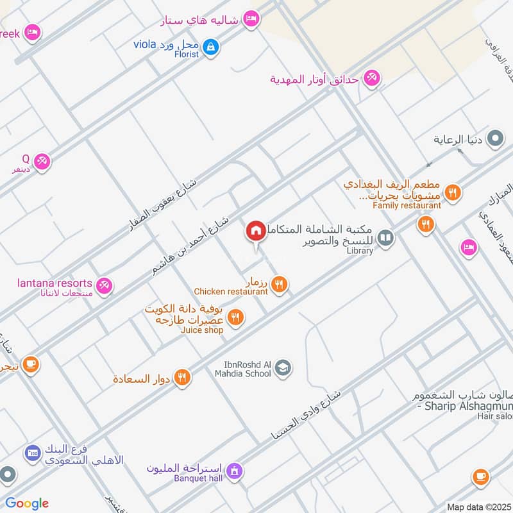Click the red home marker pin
tap(255, 231)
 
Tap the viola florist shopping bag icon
tap(210, 47)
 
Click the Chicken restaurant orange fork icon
tap(278, 285)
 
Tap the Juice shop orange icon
tap(235, 317)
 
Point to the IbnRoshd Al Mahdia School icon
tap(283, 369)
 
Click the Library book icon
tap(385, 239)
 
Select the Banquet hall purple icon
tap(235, 472)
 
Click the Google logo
tap(27, 503)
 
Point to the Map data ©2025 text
tap(478, 507)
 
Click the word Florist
tap(186, 55)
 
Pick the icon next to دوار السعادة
tap(183, 378)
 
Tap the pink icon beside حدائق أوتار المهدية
tap(371, 80)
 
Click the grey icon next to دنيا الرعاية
tap(494, 139)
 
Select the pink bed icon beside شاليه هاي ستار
tap(251, 19)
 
